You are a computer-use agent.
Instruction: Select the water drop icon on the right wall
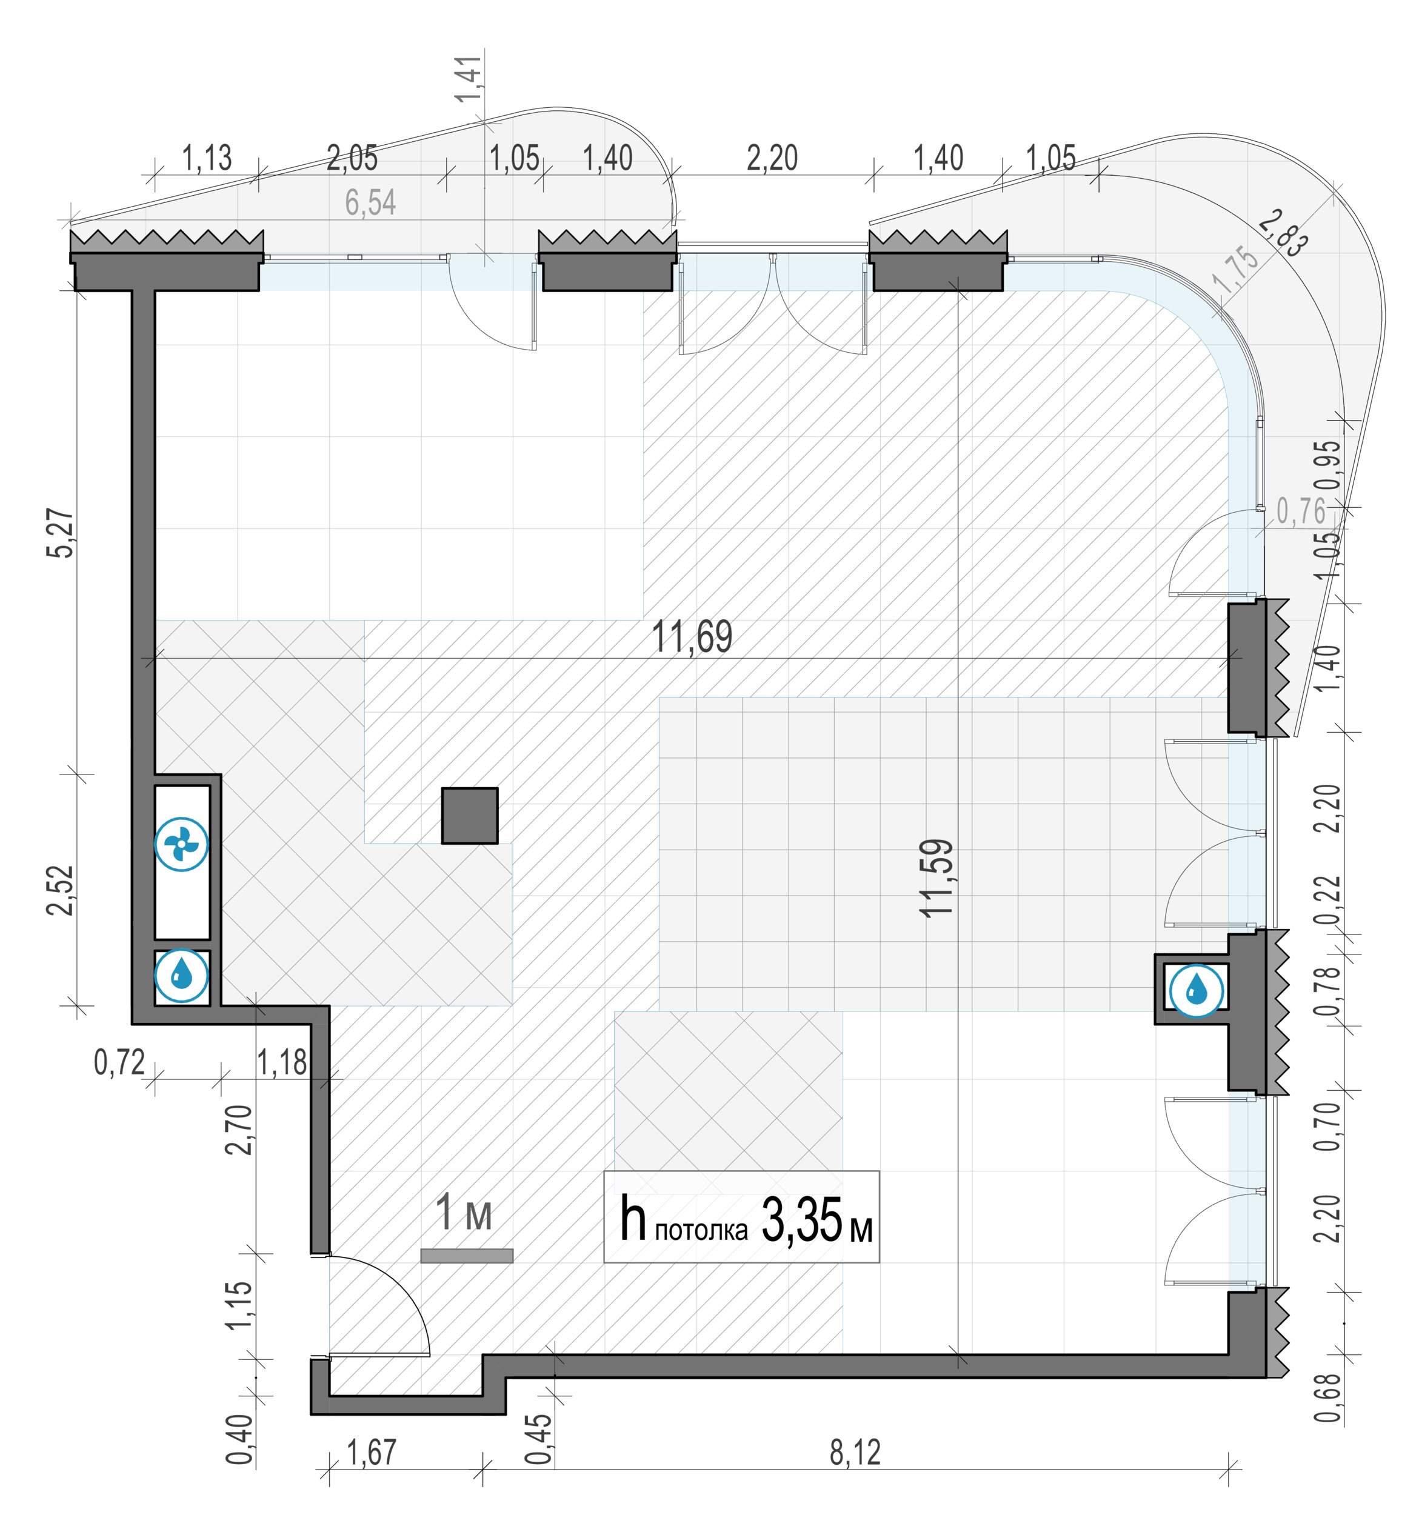point(1197,991)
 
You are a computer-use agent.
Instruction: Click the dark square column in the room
point(469,816)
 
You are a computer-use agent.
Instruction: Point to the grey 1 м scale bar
point(466,1255)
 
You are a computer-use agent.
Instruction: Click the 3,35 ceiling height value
point(803,1219)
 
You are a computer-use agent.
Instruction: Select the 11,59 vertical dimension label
point(937,878)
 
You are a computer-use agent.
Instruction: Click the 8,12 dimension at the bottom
point(855,1453)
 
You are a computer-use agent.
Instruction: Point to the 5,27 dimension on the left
point(62,533)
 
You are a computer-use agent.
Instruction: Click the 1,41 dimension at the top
point(468,79)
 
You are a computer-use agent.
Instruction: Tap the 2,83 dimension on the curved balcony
point(1283,233)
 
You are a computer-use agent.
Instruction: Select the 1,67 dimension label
point(372,1453)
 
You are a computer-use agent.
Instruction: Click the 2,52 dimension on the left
point(62,890)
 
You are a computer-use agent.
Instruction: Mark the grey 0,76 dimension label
point(1301,511)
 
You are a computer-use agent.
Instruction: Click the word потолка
point(701,1231)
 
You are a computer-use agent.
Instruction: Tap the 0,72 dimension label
point(119,1062)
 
